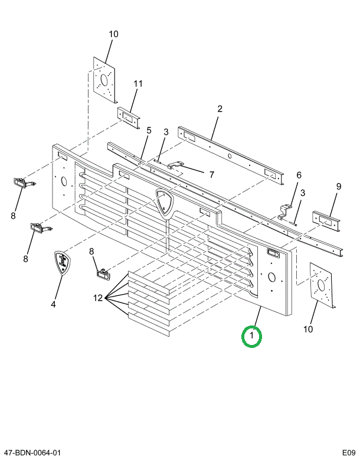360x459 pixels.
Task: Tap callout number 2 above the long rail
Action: [x=220, y=109]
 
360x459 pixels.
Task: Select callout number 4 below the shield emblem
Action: [x=53, y=304]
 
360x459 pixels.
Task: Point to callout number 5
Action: [x=149, y=131]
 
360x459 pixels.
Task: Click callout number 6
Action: [x=299, y=175]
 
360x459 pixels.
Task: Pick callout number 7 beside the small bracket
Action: [x=212, y=174]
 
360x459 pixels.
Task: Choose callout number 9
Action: [x=339, y=186]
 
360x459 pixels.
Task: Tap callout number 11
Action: [x=138, y=84]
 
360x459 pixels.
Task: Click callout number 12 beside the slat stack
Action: [x=98, y=298]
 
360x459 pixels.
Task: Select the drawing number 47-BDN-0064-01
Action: [x=31, y=453]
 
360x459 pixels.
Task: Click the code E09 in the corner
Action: [x=349, y=453]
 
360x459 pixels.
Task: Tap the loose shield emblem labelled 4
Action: [x=63, y=262]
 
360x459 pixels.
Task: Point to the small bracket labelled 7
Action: [x=175, y=165]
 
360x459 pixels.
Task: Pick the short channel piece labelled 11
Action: [x=129, y=118]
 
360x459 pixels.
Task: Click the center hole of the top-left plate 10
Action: [x=104, y=80]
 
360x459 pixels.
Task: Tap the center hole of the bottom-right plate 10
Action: [x=321, y=285]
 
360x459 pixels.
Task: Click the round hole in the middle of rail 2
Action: [x=230, y=156]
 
